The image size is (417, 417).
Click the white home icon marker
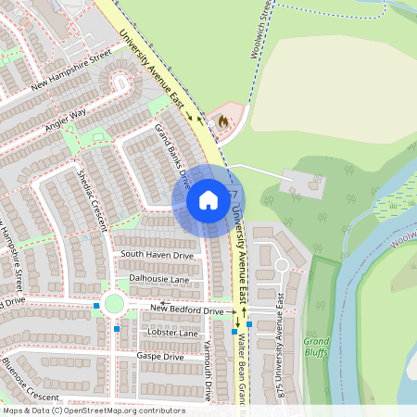[x=208, y=200]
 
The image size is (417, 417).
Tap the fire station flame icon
[x=222, y=120]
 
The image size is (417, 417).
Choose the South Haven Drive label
[x=157, y=255]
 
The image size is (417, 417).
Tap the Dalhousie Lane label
[x=158, y=278]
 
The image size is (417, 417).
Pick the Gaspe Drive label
[x=161, y=356]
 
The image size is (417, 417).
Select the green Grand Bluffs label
[x=317, y=347]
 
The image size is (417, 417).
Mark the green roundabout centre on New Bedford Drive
[x=114, y=303]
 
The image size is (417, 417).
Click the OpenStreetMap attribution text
[x=93, y=411]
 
